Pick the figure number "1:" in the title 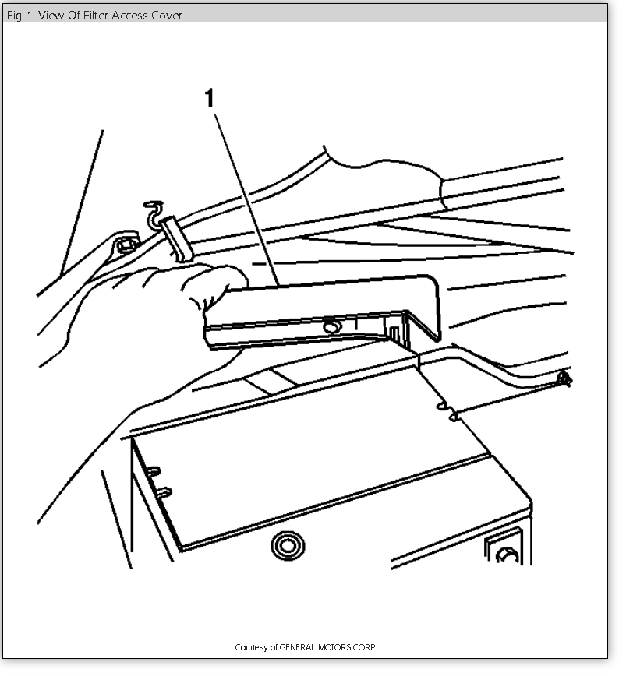click(x=30, y=15)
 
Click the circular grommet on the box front click(x=288, y=544)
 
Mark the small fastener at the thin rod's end click(x=565, y=379)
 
